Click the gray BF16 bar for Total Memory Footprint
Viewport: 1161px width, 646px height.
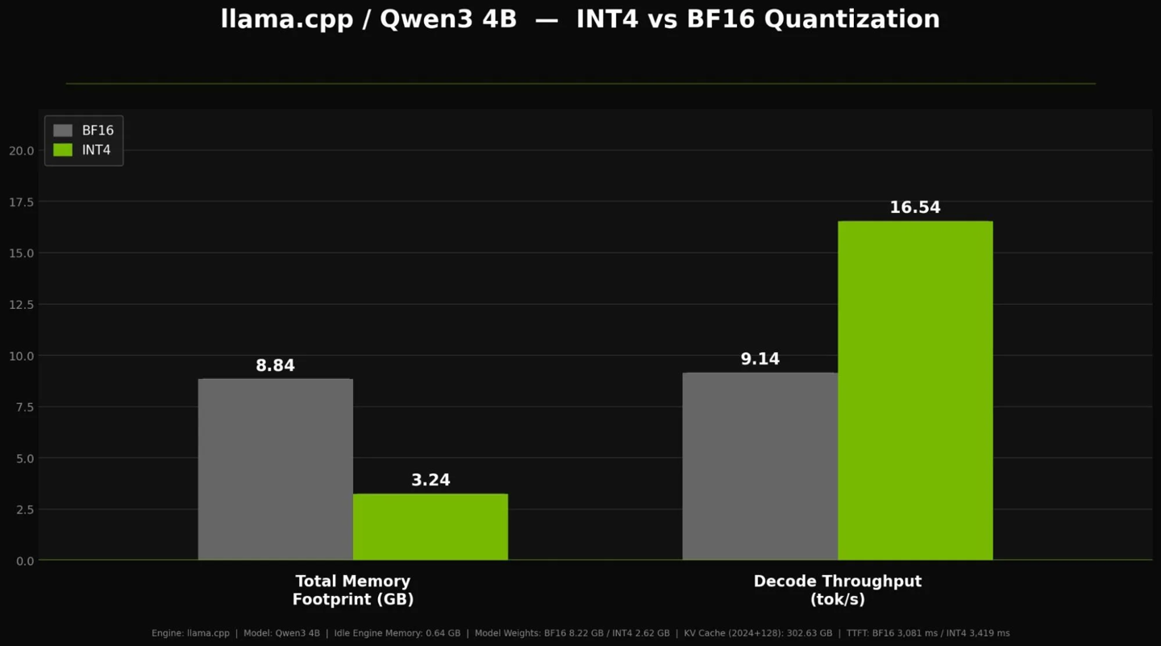click(x=275, y=469)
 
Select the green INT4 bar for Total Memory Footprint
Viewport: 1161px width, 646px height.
click(x=431, y=527)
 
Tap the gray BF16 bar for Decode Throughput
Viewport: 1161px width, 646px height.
click(x=759, y=466)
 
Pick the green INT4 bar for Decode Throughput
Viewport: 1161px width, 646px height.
click(x=915, y=390)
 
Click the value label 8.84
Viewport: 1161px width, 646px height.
click(x=275, y=365)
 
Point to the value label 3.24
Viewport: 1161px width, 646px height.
click(x=431, y=480)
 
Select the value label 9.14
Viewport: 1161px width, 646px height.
click(x=759, y=359)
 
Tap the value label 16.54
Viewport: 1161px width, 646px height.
click(x=915, y=207)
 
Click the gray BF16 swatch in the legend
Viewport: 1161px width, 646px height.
click(x=63, y=131)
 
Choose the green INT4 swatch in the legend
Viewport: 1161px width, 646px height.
click(x=63, y=150)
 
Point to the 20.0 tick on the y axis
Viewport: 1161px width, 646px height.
click(x=21, y=150)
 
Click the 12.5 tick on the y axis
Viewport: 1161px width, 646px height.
click(x=21, y=304)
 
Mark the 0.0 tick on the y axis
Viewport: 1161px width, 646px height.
click(x=25, y=561)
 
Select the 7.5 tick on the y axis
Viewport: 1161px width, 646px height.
click(x=25, y=406)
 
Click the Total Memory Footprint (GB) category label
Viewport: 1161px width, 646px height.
click(x=353, y=590)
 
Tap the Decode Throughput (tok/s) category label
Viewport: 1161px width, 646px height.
click(x=837, y=590)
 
